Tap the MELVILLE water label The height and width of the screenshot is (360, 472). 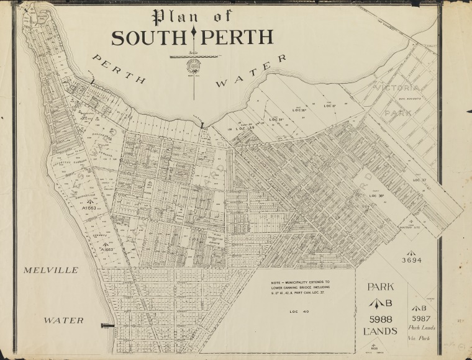pos(52,271)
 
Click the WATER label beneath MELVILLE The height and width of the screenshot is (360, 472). pos(63,320)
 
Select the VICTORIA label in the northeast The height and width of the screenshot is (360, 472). pos(397,88)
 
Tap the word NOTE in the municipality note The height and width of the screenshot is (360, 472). pos(276,282)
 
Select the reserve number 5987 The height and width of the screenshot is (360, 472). pos(423,318)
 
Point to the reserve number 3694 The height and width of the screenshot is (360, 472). pos(411,260)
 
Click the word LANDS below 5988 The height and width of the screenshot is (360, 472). pos(380,331)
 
